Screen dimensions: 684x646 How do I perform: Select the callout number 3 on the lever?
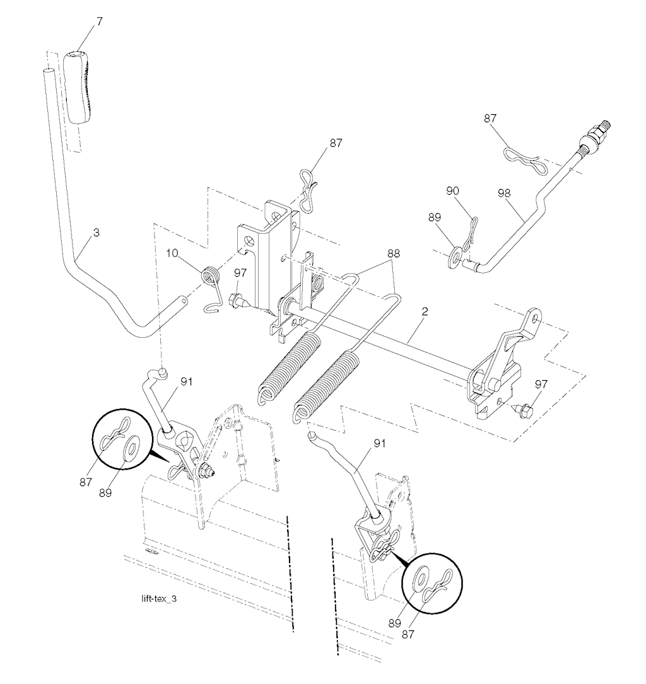click(96, 233)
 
